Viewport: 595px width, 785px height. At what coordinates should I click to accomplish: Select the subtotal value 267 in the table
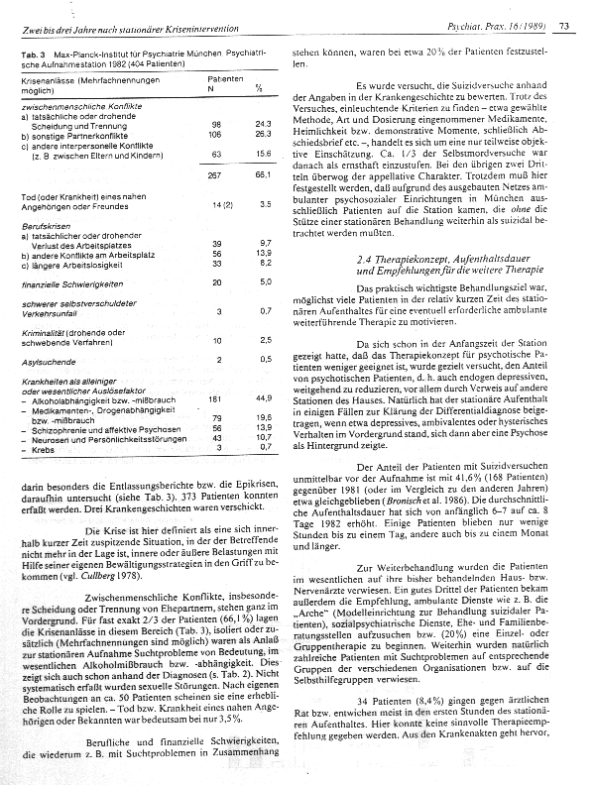click(x=212, y=174)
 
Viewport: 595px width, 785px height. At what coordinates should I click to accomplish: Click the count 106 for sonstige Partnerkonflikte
click(x=212, y=132)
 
